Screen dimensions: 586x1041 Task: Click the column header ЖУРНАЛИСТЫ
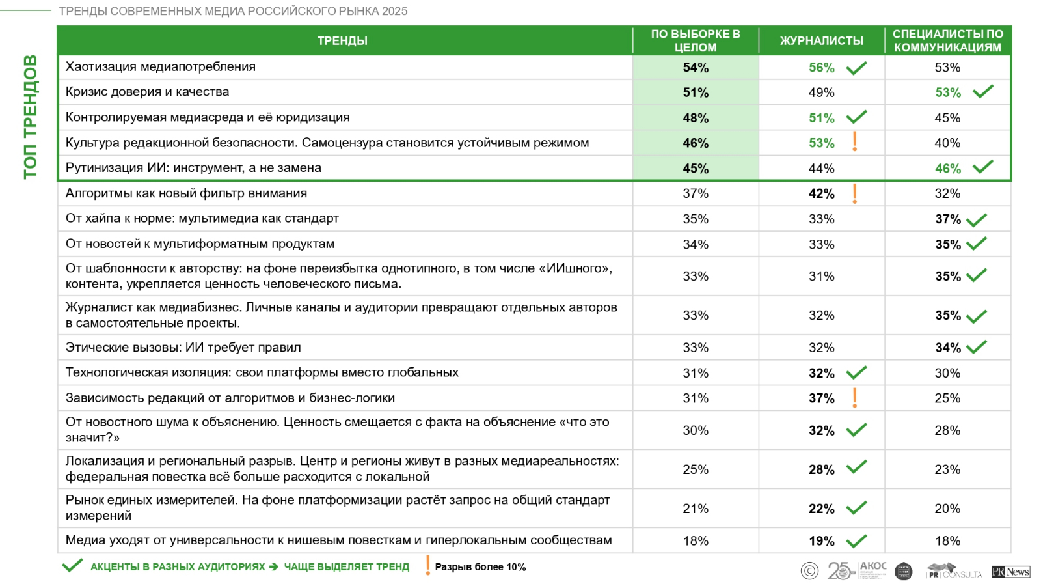[x=821, y=40]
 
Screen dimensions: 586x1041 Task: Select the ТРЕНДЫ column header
[x=342, y=40]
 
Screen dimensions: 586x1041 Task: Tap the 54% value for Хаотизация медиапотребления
[x=696, y=68]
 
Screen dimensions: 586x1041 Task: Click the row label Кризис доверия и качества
[x=147, y=92]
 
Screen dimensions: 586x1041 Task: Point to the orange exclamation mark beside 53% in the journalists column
[x=854, y=142]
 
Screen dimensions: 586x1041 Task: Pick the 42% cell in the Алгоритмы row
[x=821, y=193]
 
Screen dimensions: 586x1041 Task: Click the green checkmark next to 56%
[x=856, y=68]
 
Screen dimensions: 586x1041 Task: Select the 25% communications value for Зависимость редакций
[x=947, y=398]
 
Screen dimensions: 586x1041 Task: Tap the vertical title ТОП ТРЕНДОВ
[x=31, y=117]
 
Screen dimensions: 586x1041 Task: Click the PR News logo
[x=1010, y=572]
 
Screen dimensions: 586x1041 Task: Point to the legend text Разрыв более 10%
[x=480, y=567]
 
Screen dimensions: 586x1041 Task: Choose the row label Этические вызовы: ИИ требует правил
[x=183, y=347]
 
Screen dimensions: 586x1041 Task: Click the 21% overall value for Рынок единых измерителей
[x=696, y=509]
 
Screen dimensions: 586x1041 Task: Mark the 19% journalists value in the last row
[x=821, y=540]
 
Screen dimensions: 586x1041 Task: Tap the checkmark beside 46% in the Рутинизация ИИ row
[x=982, y=167]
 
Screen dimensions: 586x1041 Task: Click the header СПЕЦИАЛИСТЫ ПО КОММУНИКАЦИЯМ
[x=947, y=40]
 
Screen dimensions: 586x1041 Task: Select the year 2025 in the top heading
[x=395, y=11]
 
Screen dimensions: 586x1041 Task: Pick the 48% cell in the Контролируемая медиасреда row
[x=696, y=118]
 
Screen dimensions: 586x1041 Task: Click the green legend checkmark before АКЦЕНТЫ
[x=72, y=566]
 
